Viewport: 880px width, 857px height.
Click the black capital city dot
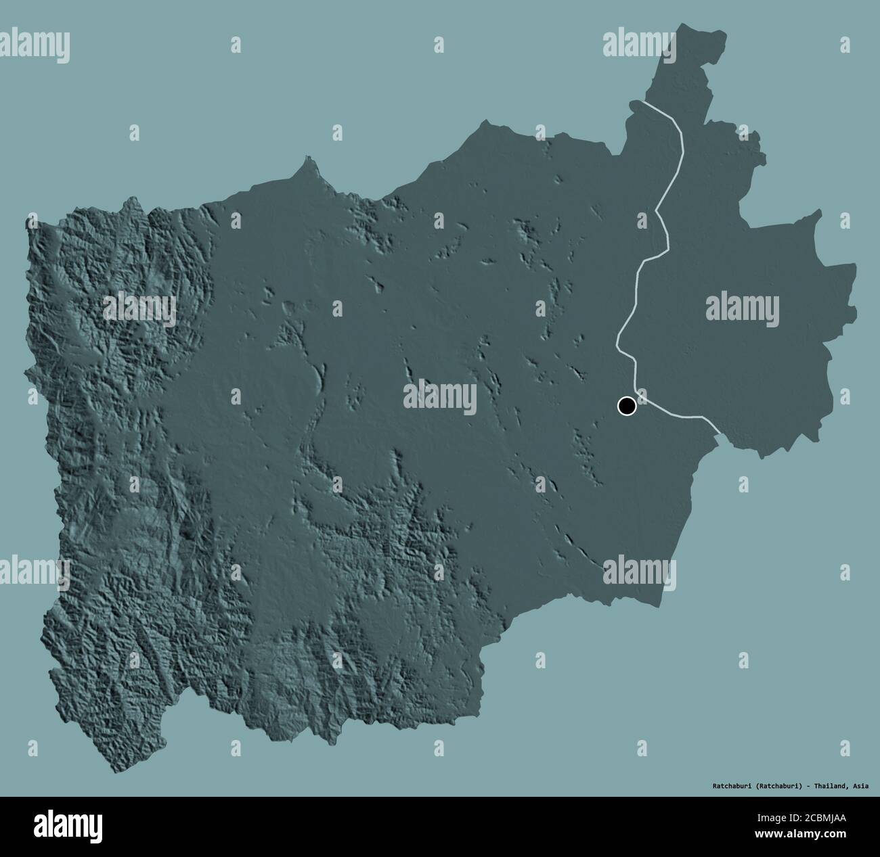point(627,406)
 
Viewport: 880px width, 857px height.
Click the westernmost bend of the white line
point(617,345)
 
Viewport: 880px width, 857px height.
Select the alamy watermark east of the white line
point(743,306)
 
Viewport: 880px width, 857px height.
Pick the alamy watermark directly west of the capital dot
point(439,396)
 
